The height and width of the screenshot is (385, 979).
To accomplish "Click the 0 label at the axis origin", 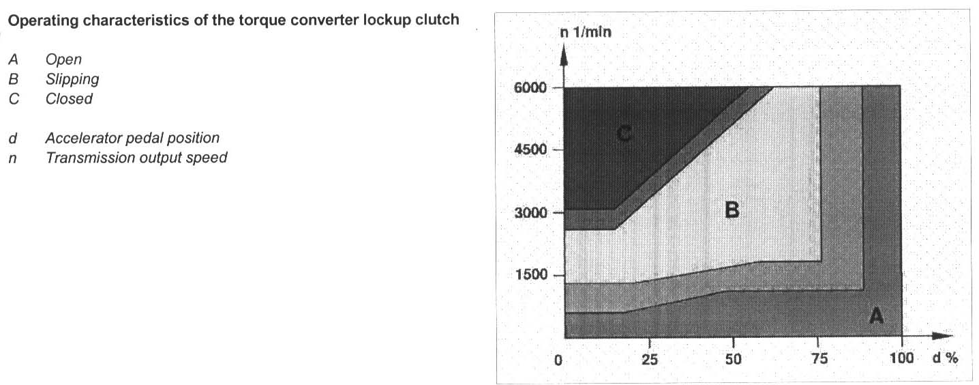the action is (558, 360).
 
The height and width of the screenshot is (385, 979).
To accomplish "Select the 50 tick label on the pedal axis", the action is (734, 360).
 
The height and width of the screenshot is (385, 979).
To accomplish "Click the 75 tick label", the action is (819, 360).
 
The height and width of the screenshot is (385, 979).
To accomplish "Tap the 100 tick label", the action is (901, 360).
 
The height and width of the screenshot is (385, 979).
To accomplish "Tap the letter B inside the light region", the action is (732, 210).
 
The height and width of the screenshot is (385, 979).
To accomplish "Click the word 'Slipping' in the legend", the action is (72, 79).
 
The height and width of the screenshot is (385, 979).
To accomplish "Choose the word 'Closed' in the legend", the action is (69, 99).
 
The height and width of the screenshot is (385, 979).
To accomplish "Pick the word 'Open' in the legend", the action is (63, 60).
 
